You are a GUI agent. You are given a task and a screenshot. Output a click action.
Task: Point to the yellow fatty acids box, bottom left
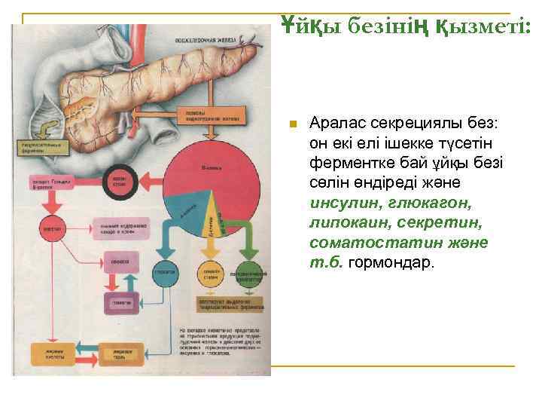pos(50,353)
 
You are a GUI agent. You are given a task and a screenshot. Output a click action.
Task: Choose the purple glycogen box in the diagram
pos(123,302)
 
